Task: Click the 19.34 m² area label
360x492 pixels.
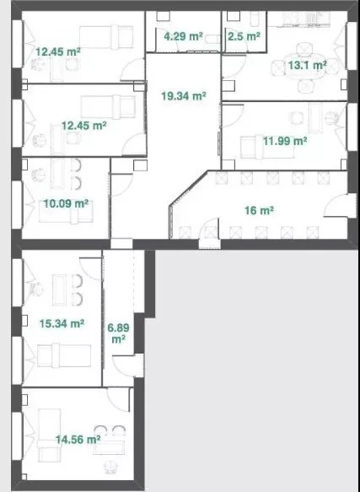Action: [184, 95]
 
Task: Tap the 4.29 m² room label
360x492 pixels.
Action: [183, 36]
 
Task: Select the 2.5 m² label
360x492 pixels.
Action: [244, 36]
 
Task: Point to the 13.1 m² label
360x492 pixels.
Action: [308, 65]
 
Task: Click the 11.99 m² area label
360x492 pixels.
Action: [285, 141]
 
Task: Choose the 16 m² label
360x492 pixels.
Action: [259, 210]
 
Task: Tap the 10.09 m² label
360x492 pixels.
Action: [66, 203]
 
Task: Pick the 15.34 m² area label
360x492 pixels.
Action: [62, 323]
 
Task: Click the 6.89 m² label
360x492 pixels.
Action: [118, 333]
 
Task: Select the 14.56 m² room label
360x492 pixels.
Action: [78, 440]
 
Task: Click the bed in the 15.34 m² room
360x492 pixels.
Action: [64, 355]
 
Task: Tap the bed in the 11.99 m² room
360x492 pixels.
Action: [267, 147]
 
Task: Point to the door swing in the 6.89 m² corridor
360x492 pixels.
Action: [124, 366]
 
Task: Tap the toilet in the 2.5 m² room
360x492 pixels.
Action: [255, 19]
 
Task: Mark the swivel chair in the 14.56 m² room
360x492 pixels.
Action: [110, 467]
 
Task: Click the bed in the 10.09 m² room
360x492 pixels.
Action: [66, 216]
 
